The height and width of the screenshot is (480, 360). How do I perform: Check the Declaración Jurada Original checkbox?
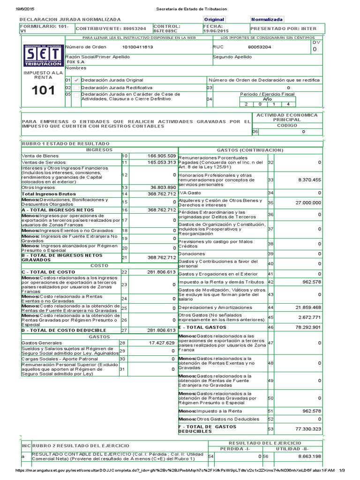pyautogui.click(x=75, y=80)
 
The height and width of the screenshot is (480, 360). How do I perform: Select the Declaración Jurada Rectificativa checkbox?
pyautogui.click(x=75, y=88)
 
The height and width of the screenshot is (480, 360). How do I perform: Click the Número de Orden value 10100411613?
pyautogui.click(x=137, y=47)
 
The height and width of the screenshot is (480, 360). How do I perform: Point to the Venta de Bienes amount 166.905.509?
pyautogui.click(x=162, y=156)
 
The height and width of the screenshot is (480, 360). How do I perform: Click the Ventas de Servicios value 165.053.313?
pyautogui.click(x=162, y=162)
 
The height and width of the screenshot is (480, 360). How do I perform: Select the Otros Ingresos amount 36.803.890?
pyautogui.click(x=162, y=187)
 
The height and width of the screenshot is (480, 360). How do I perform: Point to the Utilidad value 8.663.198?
pyautogui.click(x=308, y=456)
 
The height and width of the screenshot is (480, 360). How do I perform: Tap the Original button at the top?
pyautogui.click(x=214, y=20)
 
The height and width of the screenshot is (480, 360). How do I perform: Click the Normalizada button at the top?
pyautogui.click(x=267, y=20)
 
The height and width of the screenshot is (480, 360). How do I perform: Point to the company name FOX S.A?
pyautogui.click(x=75, y=62)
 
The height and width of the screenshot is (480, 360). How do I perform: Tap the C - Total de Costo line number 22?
pyautogui.click(x=124, y=272)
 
